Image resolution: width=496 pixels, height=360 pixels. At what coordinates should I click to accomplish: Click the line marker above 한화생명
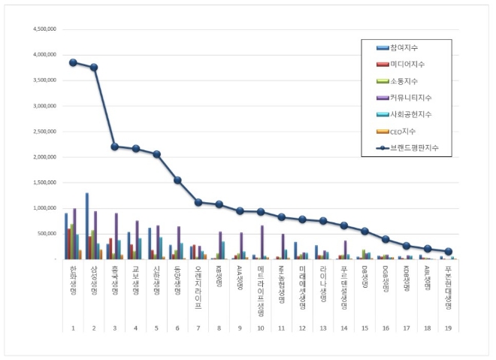(73, 62)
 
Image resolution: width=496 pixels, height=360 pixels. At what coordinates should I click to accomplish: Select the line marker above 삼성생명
(94, 68)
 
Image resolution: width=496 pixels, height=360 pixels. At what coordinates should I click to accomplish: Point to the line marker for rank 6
(177, 180)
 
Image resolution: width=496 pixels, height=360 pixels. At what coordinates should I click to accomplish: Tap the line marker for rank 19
(449, 252)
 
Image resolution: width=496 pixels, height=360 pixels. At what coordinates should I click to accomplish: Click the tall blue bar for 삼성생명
(86, 226)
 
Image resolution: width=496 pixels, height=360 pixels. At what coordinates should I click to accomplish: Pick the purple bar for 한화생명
(74, 234)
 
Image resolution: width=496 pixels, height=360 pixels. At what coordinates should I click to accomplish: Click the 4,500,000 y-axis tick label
(44, 29)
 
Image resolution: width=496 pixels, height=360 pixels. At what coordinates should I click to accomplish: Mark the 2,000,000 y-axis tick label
(44, 157)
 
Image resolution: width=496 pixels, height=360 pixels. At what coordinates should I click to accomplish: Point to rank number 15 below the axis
(365, 328)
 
